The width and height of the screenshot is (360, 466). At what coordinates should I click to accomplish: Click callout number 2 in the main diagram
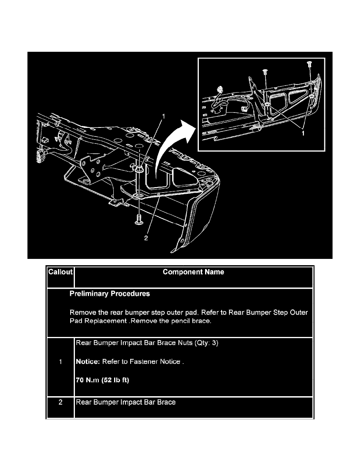[x=146, y=238]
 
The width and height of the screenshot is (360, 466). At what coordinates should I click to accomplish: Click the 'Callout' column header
[x=60, y=272]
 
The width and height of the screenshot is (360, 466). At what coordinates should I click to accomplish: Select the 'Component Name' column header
[x=193, y=272]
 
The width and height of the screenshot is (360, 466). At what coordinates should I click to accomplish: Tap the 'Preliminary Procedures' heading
[x=109, y=293]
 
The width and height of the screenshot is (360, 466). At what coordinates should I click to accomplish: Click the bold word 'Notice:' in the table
[x=88, y=362]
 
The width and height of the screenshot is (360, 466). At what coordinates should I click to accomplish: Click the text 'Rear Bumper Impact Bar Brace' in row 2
[x=125, y=402]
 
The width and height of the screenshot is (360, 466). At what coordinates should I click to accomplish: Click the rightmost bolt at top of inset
[x=309, y=63]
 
